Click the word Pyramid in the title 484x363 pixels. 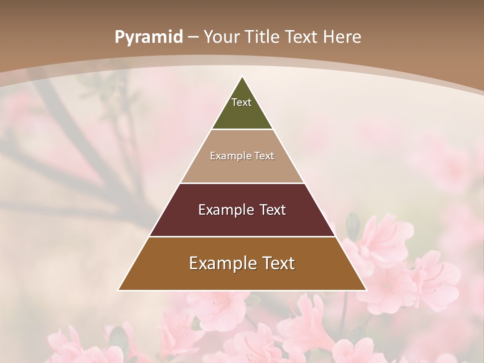(x=149, y=37)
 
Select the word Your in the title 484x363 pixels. (x=221, y=37)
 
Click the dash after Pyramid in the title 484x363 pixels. (x=193, y=37)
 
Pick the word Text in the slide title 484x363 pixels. (x=302, y=37)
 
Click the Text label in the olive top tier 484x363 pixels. (x=241, y=102)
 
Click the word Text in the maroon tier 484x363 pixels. (x=273, y=210)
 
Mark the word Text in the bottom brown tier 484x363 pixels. (x=278, y=263)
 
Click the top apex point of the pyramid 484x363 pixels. (x=242, y=77)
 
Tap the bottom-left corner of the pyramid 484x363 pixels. (x=118, y=290)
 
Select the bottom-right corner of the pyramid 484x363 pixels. (x=366, y=290)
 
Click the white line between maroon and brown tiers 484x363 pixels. (x=242, y=236)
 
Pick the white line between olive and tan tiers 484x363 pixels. (x=242, y=129)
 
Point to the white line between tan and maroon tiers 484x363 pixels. (x=242, y=183)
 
